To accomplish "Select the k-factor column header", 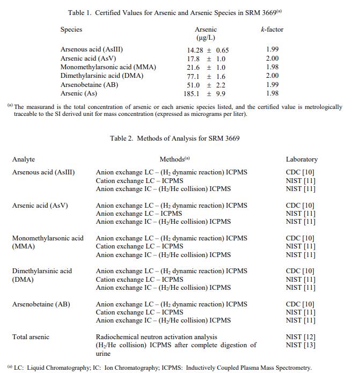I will tap(272, 30).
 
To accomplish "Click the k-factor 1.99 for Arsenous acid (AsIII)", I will tap(273, 49).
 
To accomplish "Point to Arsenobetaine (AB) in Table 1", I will tap(90, 85).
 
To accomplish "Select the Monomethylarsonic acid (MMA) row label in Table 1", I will tap(108, 67).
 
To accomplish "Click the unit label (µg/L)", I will tap(205, 38).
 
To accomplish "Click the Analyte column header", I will tap(24, 159).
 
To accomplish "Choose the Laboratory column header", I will tap(302, 159).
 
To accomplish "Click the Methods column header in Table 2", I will tap(174, 159).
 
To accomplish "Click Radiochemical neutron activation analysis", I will tap(157, 337).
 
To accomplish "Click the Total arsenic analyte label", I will tap(31, 337).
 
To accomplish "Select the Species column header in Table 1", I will tap(71, 30).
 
